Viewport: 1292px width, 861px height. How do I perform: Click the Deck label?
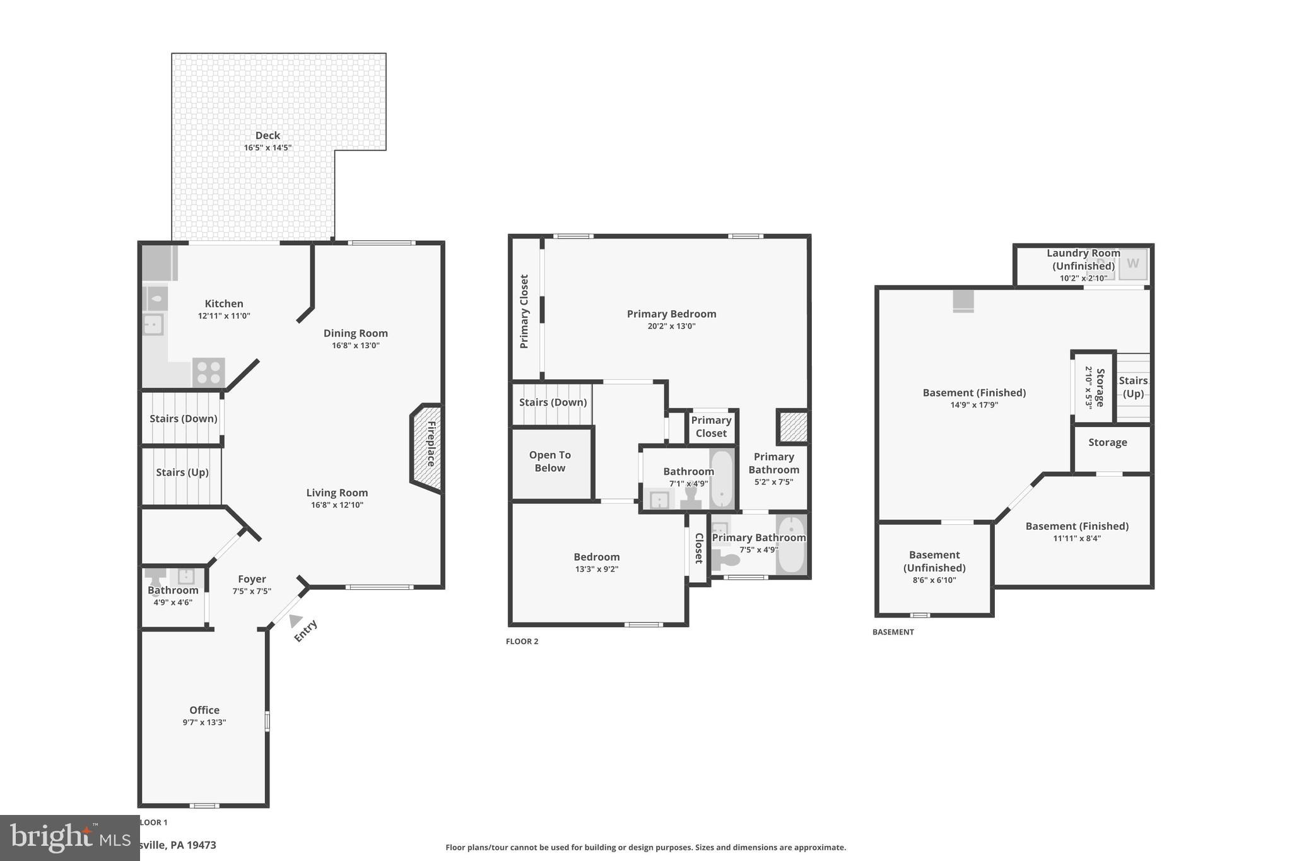pos(267,135)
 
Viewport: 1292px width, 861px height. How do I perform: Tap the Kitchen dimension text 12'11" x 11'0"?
pos(224,316)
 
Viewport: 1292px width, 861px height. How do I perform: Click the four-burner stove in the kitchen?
pos(208,372)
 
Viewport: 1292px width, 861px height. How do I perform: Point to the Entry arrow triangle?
pos(295,621)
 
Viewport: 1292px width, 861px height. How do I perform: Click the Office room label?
pos(204,710)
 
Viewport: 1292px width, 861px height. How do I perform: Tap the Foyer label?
pos(252,579)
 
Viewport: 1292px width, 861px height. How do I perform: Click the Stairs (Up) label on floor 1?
pos(182,472)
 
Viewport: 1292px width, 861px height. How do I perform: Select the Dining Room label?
pos(355,333)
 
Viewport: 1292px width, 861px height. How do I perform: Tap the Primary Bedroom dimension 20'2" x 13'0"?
pos(671,326)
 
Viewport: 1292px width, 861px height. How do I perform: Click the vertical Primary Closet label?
pos(524,311)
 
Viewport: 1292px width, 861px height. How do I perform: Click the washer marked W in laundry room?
pos(1133,264)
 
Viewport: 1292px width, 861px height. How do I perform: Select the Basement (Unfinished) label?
pos(934,561)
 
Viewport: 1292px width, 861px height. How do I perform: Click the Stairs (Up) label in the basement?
pos(1133,387)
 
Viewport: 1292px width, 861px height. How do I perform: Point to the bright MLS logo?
pos(69,837)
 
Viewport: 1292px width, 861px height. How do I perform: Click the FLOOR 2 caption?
pos(522,641)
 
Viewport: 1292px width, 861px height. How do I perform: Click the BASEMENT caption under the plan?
pos(893,632)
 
